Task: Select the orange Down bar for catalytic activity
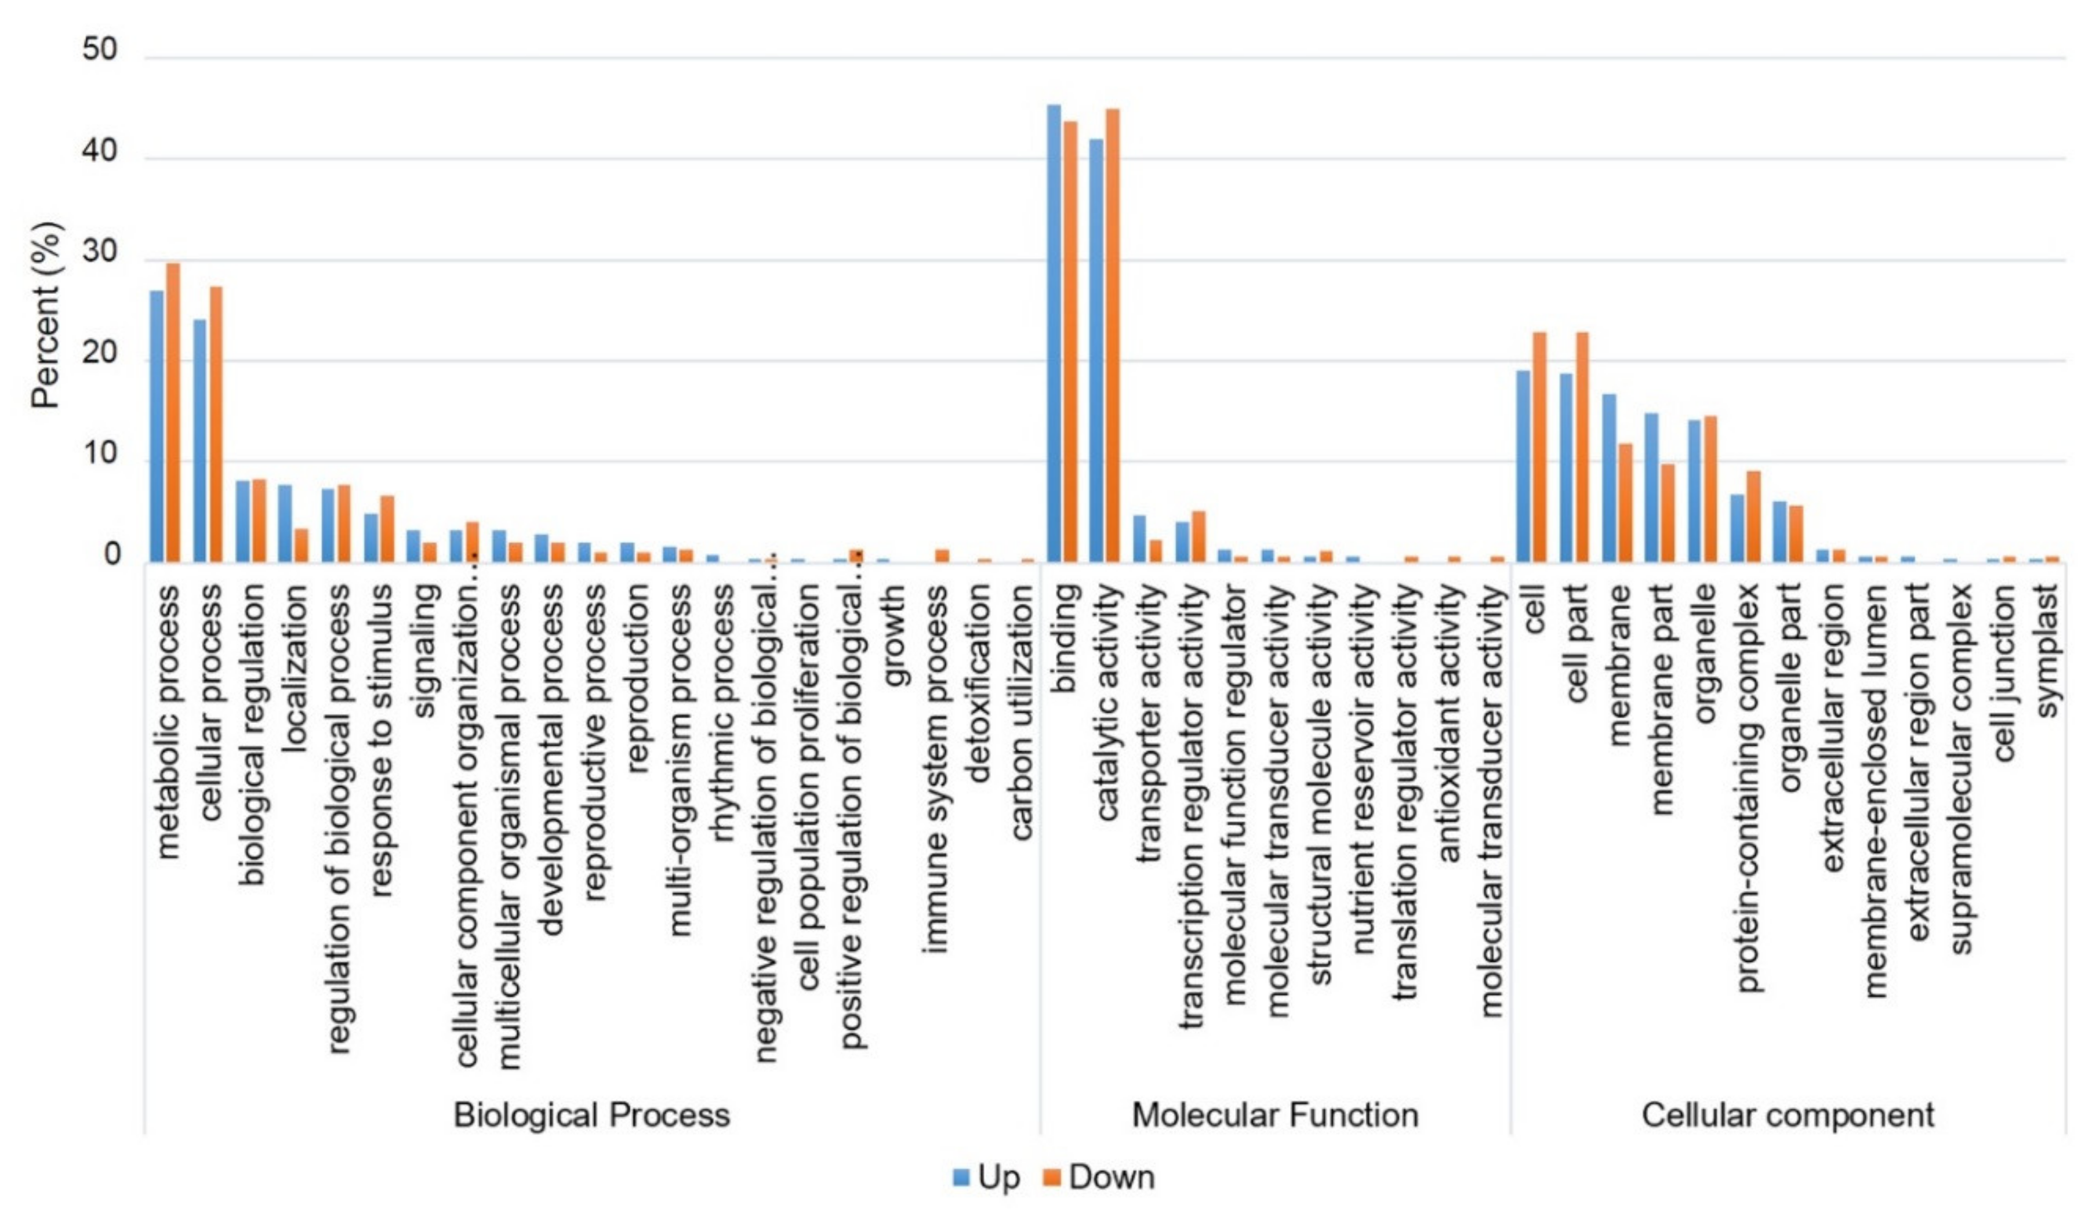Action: click(1113, 335)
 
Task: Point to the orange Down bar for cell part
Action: click(1582, 447)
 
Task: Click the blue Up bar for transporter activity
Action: click(1139, 538)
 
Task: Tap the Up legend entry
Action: click(987, 1176)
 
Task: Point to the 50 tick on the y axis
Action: click(99, 50)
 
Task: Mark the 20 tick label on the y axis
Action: click(99, 354)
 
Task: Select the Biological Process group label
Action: click(591, 1114)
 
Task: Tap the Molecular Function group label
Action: click(1274, 1114)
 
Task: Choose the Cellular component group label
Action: click(1787, 1114)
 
